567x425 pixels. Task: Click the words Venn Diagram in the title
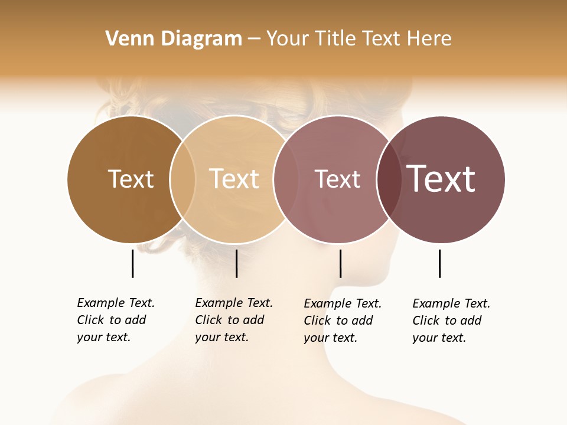174,39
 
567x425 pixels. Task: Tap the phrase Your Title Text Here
359,39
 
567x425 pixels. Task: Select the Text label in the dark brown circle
131,179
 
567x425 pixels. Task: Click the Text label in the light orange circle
234,179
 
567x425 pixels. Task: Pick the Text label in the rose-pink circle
337,179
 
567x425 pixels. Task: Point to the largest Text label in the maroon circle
441,179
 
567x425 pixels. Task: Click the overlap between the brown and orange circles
183,179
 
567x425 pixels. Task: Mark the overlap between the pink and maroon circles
389,179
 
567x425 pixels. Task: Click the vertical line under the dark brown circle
133,263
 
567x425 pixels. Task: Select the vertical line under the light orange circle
236,263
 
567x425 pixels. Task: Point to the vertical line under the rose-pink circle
340,263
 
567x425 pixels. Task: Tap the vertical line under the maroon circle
439,263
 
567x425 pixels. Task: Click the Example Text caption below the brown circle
115,320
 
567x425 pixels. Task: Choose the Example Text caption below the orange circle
233,320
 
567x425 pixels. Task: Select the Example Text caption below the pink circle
342,321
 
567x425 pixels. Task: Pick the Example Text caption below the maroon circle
451,321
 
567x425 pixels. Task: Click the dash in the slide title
254,39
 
